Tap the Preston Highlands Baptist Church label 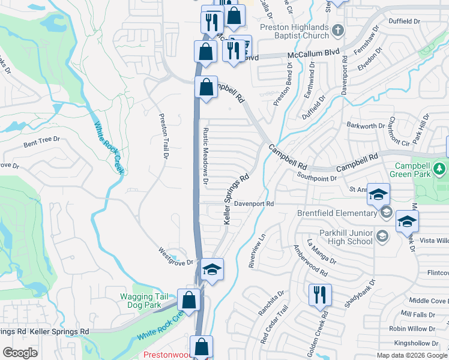[295, 31]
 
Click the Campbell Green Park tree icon [441, 169]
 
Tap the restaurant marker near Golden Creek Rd [319, 295]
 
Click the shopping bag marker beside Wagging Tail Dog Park [189, 300]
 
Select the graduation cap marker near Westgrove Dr [211, 270]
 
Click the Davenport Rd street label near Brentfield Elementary [253, 204]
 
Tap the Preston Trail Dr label [162, 136]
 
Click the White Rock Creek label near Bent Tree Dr [109, 148]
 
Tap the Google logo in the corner [20, 353]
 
